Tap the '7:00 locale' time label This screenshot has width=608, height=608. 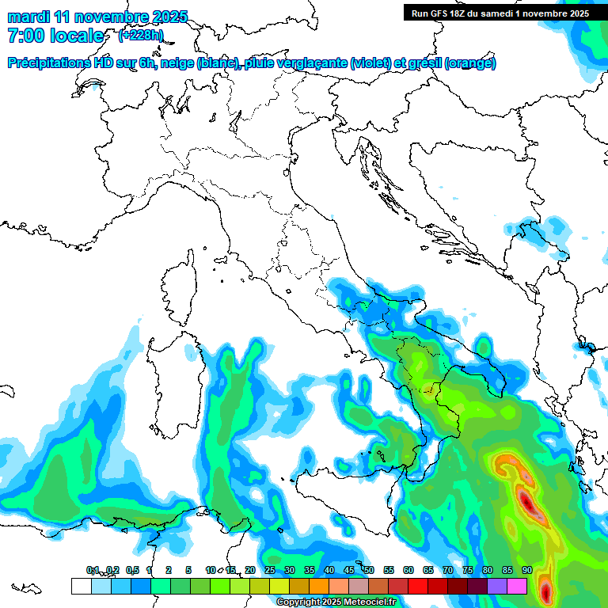point(55,36)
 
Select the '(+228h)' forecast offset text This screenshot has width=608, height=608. point(140,35)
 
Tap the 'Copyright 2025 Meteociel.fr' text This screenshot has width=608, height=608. point(336,602)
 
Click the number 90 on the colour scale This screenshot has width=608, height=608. point(526,570)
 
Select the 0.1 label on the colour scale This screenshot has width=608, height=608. point(93,570)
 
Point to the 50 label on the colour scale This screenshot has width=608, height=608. point(369,570)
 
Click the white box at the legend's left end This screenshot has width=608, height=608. point(81,586)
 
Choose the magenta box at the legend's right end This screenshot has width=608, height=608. point(518,586)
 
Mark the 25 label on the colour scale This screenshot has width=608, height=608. point(269,570)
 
